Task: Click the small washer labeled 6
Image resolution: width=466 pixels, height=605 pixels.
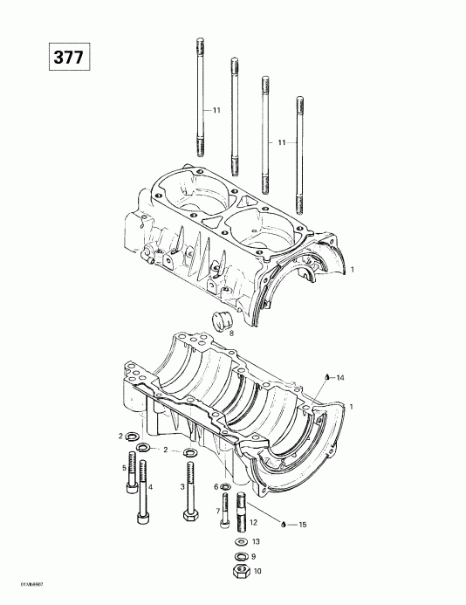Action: coord(225,486)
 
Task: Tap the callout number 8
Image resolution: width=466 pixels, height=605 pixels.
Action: coord(230,333)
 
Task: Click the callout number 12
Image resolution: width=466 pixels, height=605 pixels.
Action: coord(253,521)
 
